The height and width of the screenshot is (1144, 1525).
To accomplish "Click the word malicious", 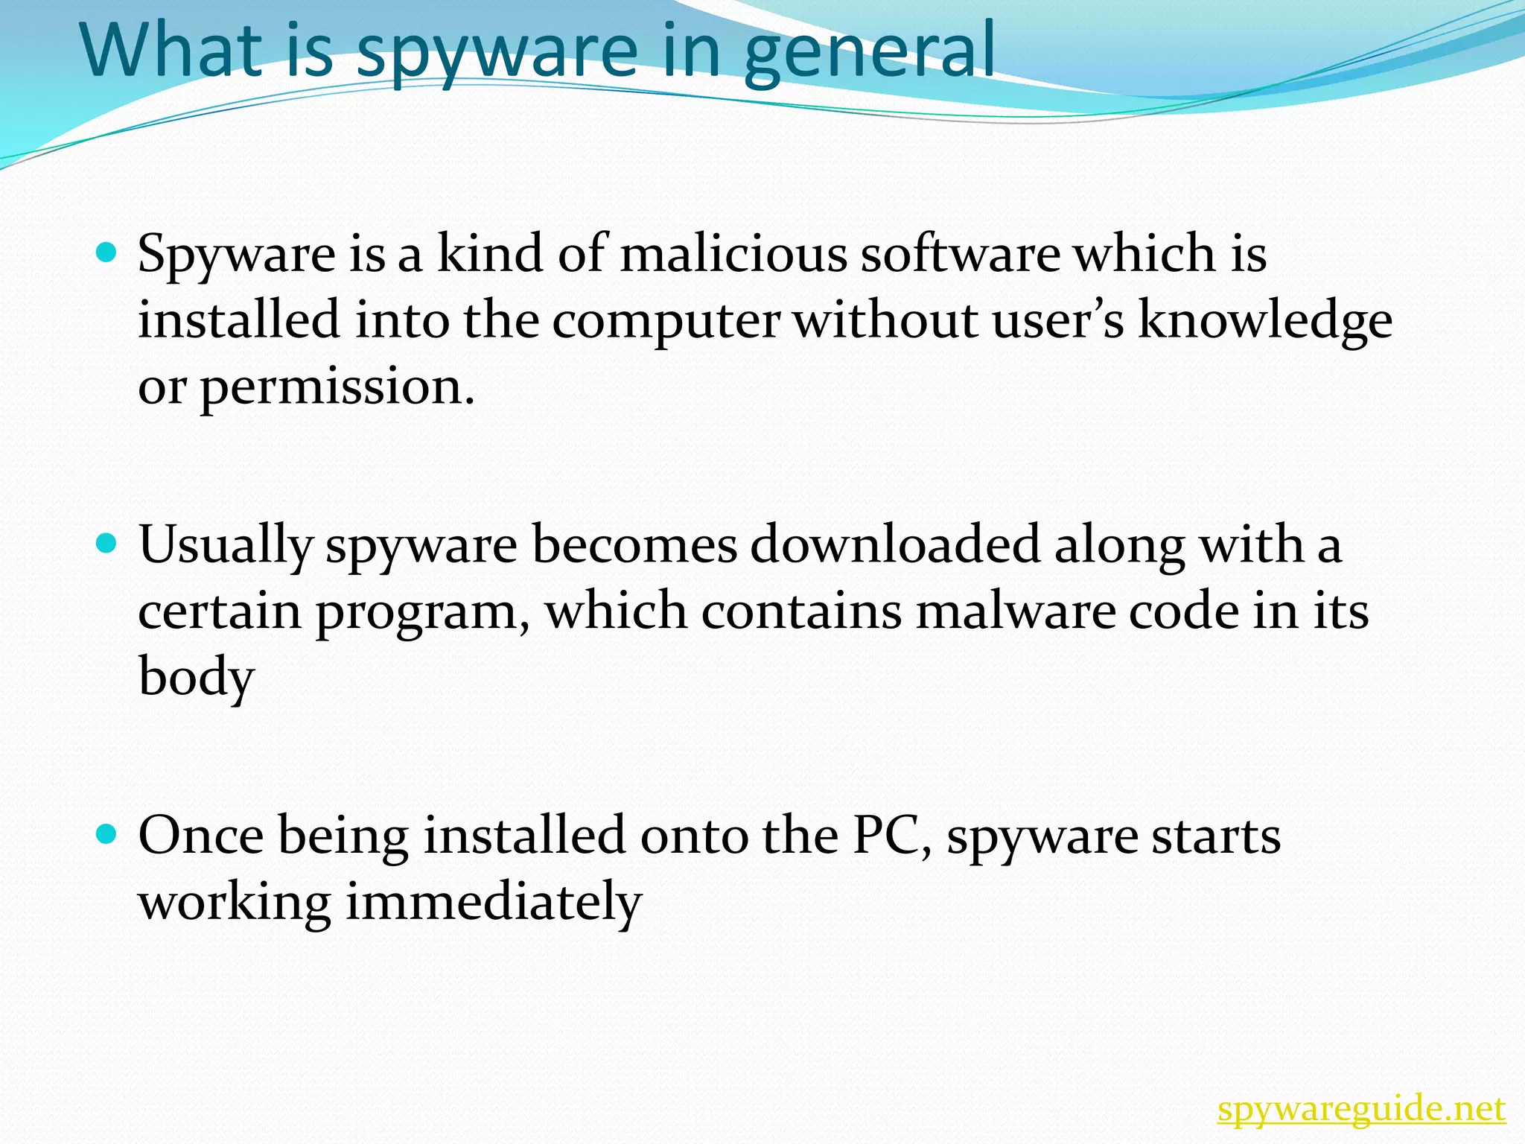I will pos(733,253).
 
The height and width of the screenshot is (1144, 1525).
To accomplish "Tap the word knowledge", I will pos(1264,320).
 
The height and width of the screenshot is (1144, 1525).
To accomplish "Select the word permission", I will pos(337,387).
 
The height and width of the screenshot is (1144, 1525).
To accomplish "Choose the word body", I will pos(197,678).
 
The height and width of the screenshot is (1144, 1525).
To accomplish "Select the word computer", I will pos(666,320).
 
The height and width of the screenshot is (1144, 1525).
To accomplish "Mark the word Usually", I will pos(226,544).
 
